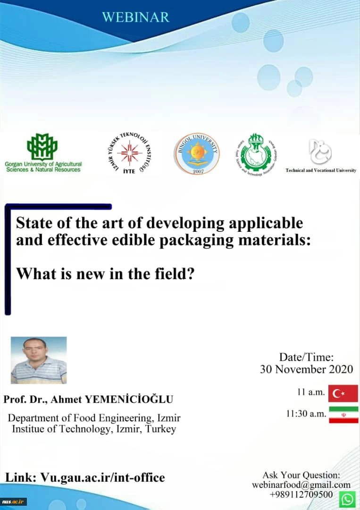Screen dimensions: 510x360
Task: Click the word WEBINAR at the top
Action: point(135,17)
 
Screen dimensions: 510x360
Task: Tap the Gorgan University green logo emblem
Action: point(42,147)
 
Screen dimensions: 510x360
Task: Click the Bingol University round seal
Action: point(197,153)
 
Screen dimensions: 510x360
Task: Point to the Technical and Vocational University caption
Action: point(321,170)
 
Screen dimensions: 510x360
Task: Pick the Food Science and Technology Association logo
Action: point(256,152)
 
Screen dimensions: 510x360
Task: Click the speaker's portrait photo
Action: point(39,360)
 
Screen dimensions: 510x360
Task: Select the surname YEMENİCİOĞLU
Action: point(129,399)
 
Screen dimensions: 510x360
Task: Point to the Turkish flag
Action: point(343,393)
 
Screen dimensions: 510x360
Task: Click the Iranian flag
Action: point(343,414)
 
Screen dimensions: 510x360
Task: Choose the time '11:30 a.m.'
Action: point(306,414)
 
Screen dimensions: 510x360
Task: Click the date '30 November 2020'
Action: point(306,369)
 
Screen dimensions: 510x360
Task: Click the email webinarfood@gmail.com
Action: point(301,485)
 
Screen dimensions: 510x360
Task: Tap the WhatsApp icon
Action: point(348,499)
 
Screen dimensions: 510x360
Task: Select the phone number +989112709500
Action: point(301,494)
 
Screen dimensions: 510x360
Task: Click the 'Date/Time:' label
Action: point(306,357)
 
